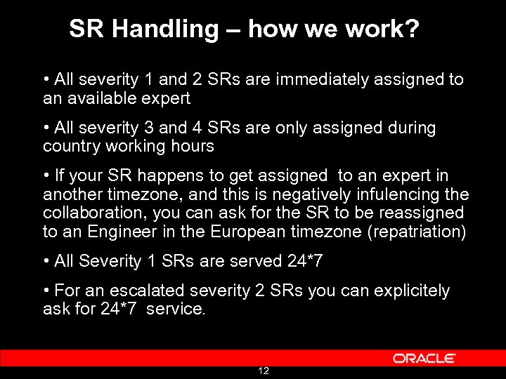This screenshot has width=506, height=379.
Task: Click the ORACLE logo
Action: [x=424, y=359]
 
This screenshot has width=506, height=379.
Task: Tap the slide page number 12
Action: [x=264, y=371]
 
